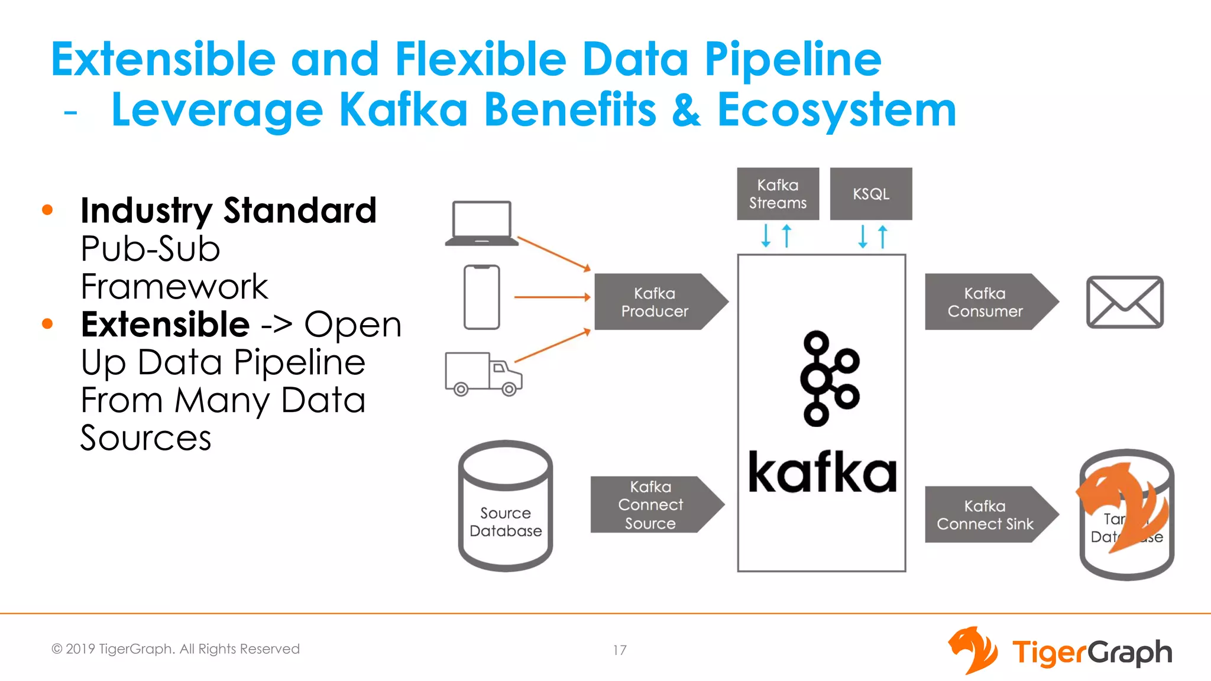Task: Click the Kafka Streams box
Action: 778,194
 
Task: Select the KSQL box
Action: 870,194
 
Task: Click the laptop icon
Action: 481,223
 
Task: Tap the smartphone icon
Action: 481,297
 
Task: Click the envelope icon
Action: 1125,301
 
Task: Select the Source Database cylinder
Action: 506,505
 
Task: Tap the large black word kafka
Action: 822,473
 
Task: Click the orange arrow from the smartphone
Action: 552,297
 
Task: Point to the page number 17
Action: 619,650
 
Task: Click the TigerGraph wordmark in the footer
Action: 1092,653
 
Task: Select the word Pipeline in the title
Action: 792,59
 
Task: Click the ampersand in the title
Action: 686,110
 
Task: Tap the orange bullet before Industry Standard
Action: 48,210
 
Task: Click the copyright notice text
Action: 176,649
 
